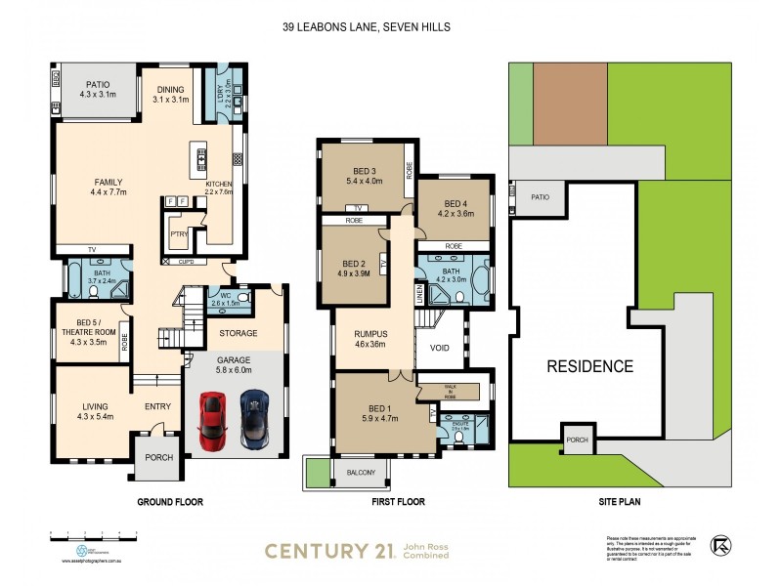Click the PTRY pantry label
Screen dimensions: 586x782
pyautogui.click(x=178, y=234)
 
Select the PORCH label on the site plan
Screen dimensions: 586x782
pyautogui.click(x=578, y=439)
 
